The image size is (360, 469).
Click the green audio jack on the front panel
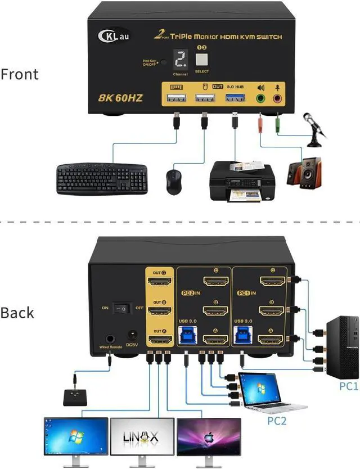click(260, 98)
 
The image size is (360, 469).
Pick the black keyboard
click(102, 178)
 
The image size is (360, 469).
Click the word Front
click(20, 74)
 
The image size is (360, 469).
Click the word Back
click(17, 313)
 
